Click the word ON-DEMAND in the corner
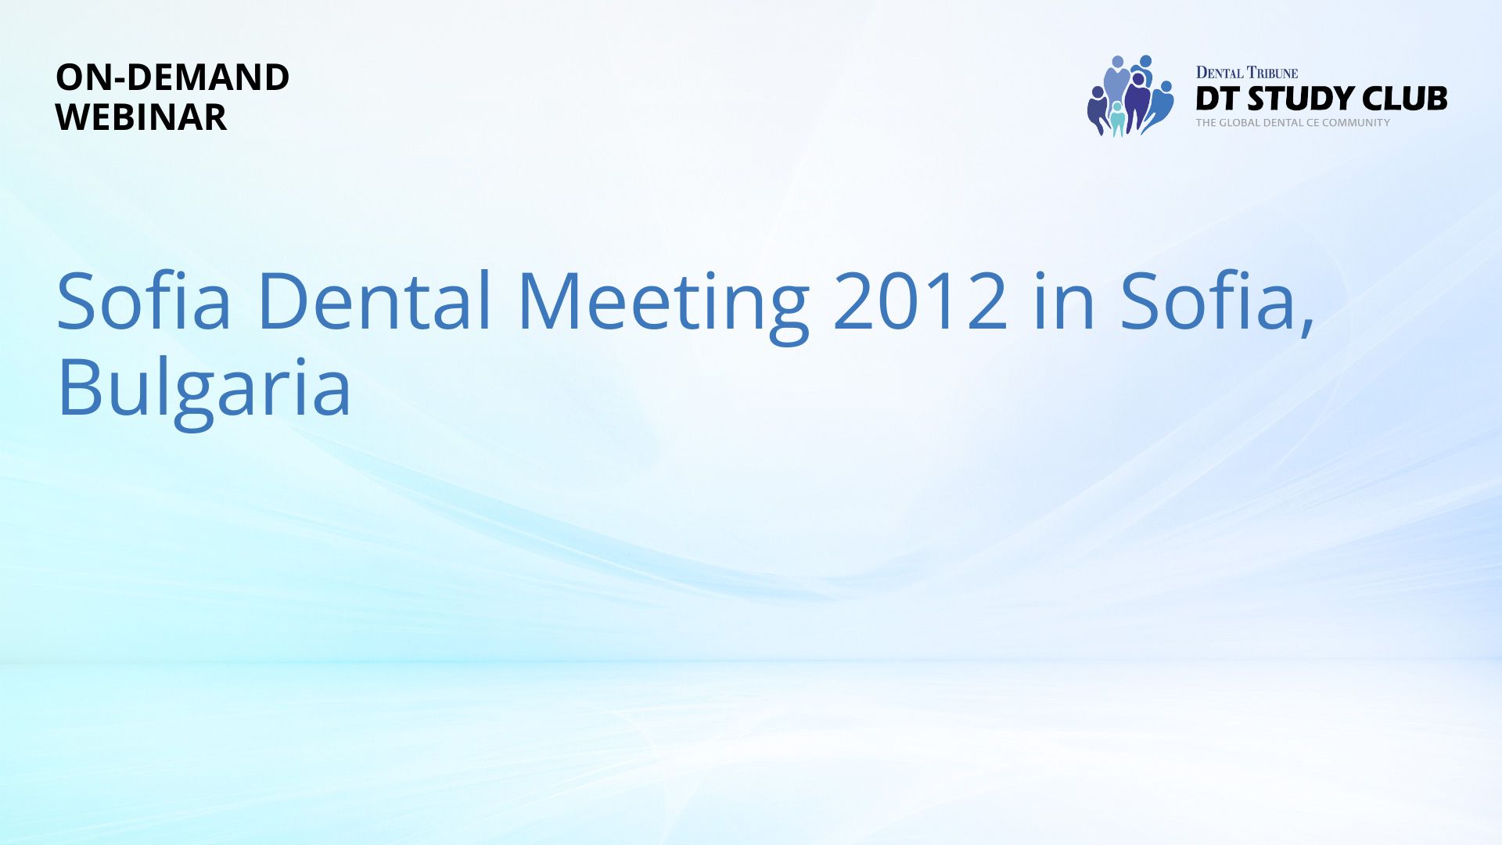172,77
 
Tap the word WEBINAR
141,117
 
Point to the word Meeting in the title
663,305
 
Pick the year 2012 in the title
921,301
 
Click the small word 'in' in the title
1064,300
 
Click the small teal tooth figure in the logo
1118,118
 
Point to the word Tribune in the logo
1273,73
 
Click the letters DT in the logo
1217,99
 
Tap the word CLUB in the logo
1405,99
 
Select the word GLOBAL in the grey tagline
1240,123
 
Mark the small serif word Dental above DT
1220,73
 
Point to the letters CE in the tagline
1312,123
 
